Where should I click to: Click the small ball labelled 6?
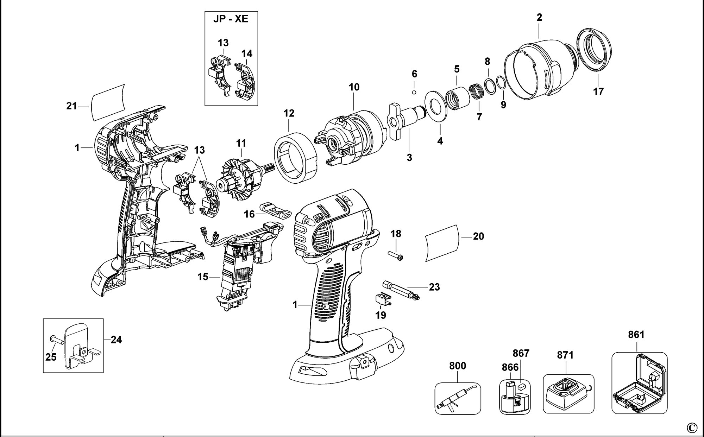[x=414, y=92]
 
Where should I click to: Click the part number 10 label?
[x=354, y=87]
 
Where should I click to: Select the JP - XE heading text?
[x=231, y=19]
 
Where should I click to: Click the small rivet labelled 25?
[x=56, y=339]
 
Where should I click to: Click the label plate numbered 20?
[x=442, y=243]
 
